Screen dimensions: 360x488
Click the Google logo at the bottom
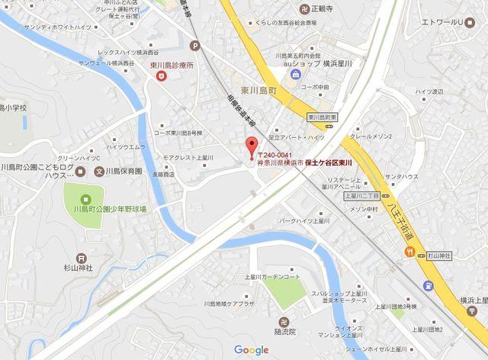point(252,350)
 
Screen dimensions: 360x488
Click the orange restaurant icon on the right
point(411,251)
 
